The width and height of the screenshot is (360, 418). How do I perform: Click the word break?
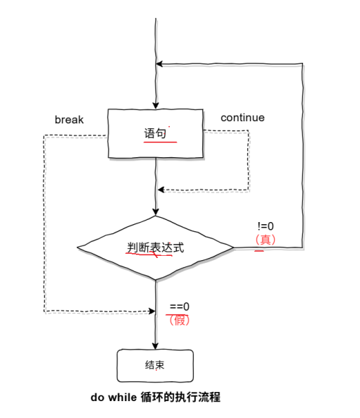pos(69,120)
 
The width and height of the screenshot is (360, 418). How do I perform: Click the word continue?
pos(242,118)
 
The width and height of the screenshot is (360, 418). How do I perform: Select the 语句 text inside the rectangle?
pos(155,133)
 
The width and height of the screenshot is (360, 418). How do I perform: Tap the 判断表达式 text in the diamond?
pos(155,247)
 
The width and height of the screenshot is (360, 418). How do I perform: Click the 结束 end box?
pos(155,366)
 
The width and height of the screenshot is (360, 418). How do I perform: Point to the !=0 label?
pos(266,226)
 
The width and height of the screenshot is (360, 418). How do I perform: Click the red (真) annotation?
pos(266,240)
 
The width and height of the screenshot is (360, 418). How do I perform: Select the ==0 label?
pos(180,307)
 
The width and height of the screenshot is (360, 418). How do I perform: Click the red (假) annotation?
pos(180,319)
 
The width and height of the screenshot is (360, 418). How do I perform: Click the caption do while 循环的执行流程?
pos(155,398)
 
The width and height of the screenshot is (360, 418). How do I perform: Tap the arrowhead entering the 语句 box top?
pos(155,104)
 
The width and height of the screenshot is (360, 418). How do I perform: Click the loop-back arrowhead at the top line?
pos(160,64)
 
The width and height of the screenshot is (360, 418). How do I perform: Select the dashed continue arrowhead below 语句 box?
pos(161,190)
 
